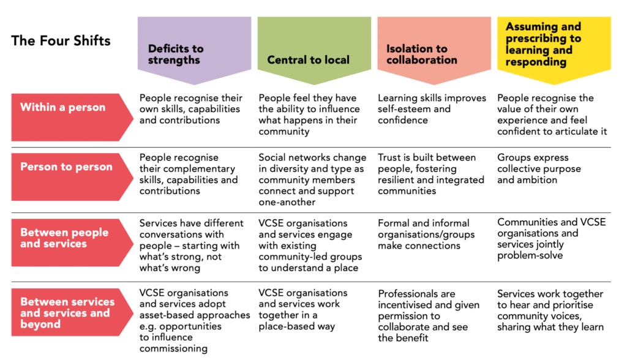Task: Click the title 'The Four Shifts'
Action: pos(61,41)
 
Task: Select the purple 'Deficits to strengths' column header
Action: pos(194,54)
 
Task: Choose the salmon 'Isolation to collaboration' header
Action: pos(434,54)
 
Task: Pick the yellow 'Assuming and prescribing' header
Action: pos(554,44)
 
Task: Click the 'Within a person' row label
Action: pos(63,107)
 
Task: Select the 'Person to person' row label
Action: pos(66,167)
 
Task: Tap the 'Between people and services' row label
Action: pos(64,238)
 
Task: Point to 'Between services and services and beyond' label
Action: pos(67,312)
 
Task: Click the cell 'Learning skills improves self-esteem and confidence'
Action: pos(432,109)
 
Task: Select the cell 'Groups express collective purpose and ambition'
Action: pos(539,168)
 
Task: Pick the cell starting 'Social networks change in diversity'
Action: pos(312,180)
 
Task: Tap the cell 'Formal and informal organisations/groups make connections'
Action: pos(424,234)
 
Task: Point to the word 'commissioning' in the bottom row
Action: pos(173,348)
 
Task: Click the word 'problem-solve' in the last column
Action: pos(530,255)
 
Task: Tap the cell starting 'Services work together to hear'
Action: pos(550,310)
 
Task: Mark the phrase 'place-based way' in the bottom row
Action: pos(297,326)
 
